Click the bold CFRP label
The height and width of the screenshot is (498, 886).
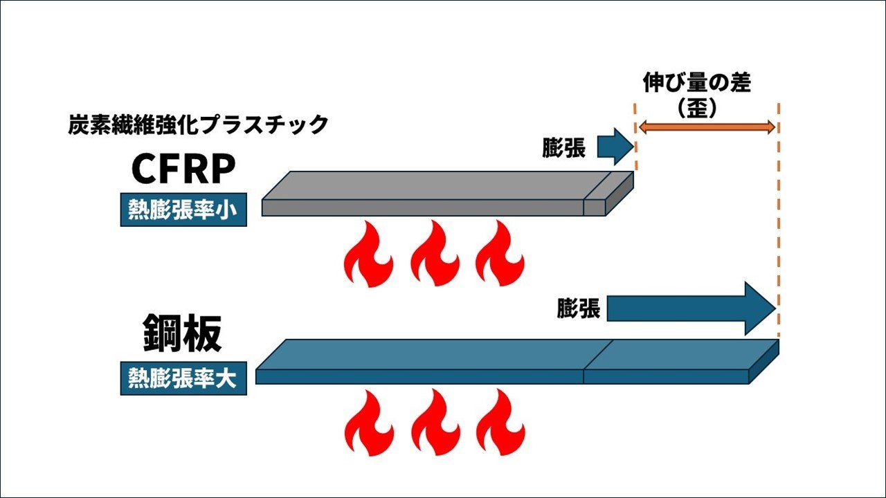pos(184,169)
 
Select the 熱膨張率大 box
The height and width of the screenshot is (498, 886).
pos(184,378)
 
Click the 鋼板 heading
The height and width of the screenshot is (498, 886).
pos(183,335)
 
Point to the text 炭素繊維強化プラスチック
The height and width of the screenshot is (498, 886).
pos(198,125)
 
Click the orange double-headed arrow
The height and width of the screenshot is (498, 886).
pos(706,127)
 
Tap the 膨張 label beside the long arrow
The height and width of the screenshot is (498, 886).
pos(579,308)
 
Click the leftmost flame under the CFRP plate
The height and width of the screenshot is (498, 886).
pos(368,255)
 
